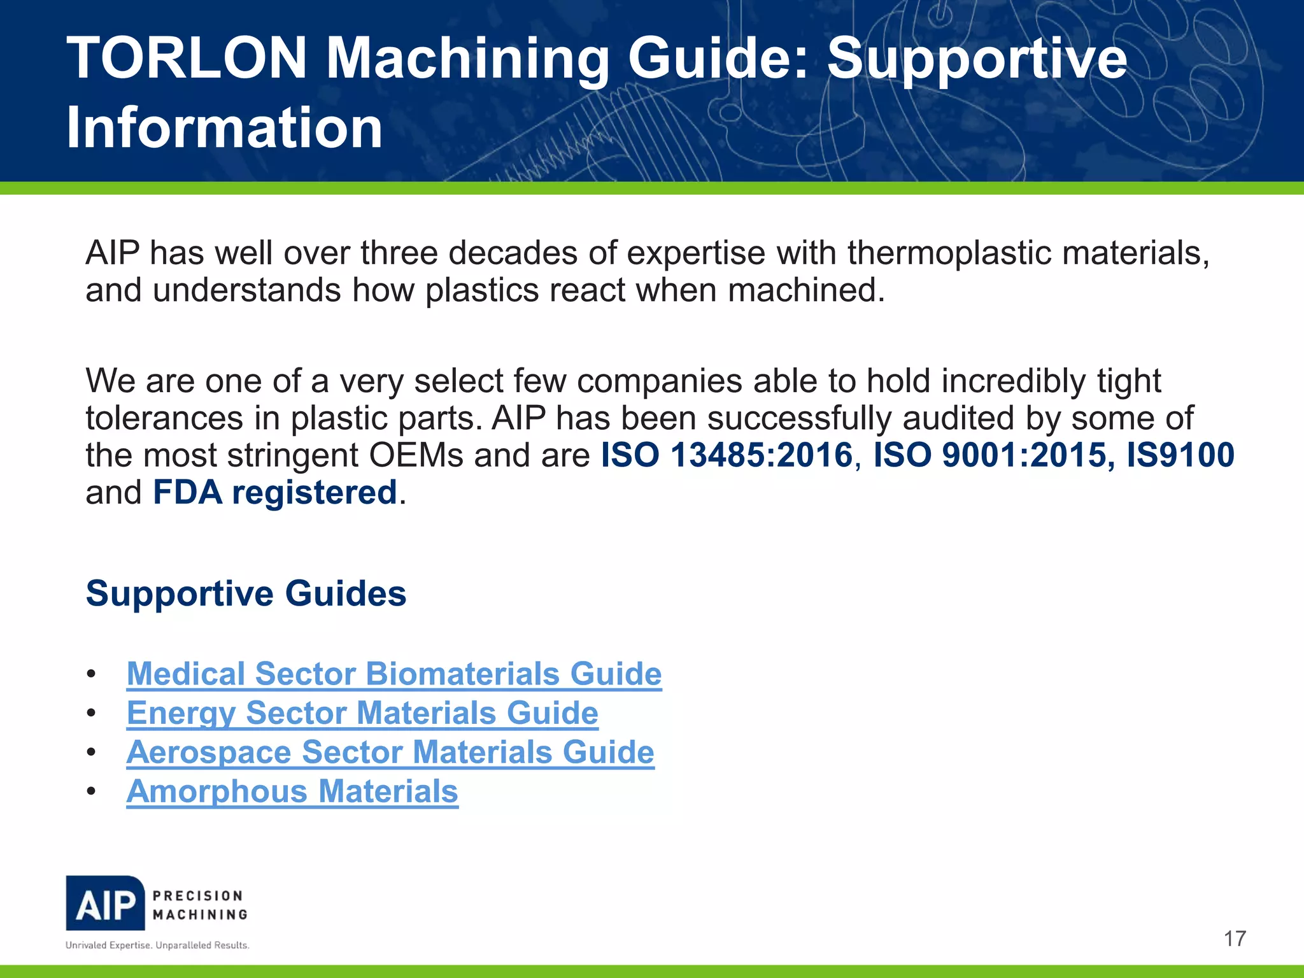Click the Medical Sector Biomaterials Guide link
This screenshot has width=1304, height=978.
click(394, 674)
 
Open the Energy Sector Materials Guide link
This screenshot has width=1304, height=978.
click(362, 713)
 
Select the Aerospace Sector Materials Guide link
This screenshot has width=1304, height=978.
click(390, 753)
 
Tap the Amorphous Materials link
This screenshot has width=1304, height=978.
click(292, 792)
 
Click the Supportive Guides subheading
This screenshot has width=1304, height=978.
click(246, 593)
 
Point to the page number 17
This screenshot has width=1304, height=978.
click(1235, 939)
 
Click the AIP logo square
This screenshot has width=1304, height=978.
click(106, 904)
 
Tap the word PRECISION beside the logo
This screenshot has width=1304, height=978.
click(198, 896)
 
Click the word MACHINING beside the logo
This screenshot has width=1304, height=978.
click(200, 915)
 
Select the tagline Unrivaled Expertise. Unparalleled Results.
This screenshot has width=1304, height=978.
click(157, 946)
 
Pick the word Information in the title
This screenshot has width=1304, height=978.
click(224, 127)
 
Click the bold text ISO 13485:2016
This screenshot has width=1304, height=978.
click(726, 455)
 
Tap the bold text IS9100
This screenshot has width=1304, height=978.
click(1180, 455)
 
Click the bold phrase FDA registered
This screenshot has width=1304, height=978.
click(275, 493)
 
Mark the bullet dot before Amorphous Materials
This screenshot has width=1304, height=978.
click(92, 792)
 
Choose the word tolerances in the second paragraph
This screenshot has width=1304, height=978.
click(164, 418)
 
